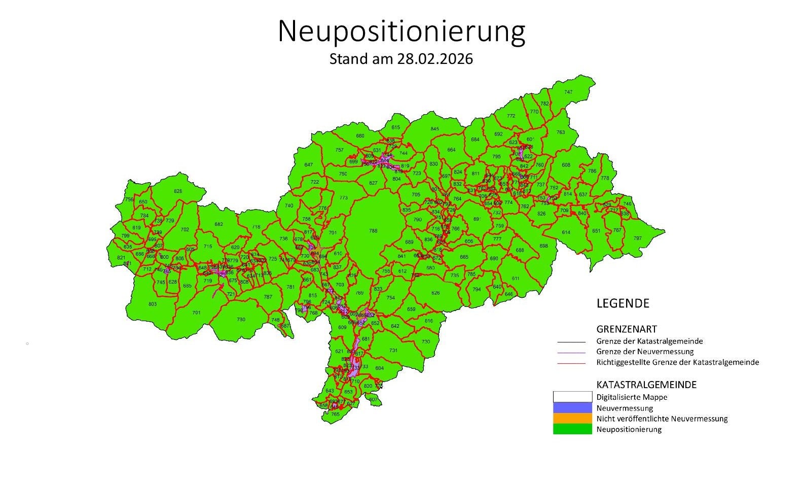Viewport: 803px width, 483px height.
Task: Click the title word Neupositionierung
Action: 401,31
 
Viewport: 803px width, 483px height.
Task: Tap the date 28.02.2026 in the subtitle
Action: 434,59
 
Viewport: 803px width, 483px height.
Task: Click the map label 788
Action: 373,231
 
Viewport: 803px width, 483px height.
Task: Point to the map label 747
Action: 568,92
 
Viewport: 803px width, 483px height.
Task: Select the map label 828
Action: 177,191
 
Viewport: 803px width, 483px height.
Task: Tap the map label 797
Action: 637,238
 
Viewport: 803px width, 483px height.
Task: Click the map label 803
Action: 152,304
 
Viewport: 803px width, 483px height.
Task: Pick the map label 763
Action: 560,132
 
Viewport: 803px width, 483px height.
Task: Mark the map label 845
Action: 434,129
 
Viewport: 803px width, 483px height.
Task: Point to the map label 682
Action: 218,224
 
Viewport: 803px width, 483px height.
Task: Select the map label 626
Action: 435,293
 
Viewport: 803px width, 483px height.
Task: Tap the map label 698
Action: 543,246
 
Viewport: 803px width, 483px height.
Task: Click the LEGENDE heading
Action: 623,303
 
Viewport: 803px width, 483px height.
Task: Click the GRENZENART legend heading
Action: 627,329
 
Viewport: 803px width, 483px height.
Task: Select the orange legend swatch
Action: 572,419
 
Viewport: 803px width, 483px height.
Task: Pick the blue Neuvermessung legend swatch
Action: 572,408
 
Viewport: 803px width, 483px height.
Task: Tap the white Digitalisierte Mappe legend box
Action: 572,397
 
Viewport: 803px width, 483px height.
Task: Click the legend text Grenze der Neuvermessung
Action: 645,352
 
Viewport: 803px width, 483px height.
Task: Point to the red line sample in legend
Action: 571,363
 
